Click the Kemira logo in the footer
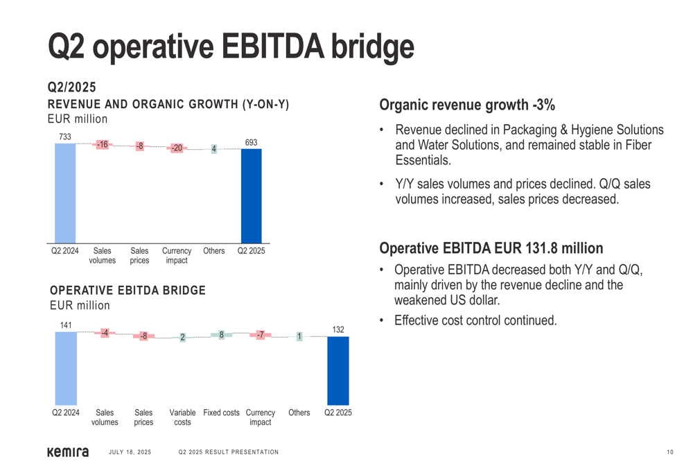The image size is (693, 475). (x=67, y=452)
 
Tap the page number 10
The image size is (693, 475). (x=670, y=453)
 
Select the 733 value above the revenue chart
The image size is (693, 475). (x=64, y=137)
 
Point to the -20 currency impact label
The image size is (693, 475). (x=177, y=148)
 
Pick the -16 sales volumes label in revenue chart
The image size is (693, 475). (x=102, y=144)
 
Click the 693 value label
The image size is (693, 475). (x=251, y=143)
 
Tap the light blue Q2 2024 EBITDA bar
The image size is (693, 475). (x=66, y=368)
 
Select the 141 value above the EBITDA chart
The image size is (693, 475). (x=66, y=325)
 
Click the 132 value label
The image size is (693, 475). (x=338, y=330)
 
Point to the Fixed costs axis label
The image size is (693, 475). (x=221, y=413)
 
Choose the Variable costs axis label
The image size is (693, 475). (x=182, y=417)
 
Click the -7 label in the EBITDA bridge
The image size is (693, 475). (x=260, y=334)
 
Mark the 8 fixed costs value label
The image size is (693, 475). (x=221, y=334)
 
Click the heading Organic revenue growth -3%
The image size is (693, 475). (x=467, y=105)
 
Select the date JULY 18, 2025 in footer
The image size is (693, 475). (x=130, y=453)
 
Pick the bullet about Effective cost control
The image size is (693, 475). (x=475, y=320)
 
